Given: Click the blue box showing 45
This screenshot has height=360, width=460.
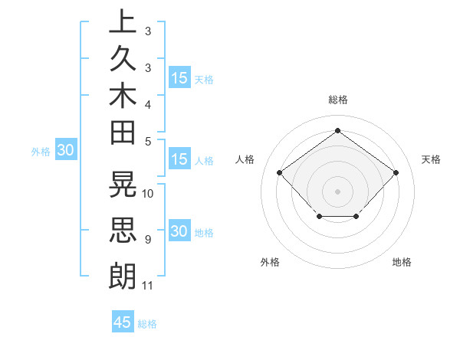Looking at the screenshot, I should [x=123, y=322].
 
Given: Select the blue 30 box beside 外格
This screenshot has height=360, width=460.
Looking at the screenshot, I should [x=66, y=151].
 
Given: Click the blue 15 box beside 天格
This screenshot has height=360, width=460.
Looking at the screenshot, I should [x=179, y=78].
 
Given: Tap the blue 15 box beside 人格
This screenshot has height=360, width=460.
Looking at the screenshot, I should [x=179, y=160].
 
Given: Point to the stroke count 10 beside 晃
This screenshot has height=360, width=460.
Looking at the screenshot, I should [x=149, y=193].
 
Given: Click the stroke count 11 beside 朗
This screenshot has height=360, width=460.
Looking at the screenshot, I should [x=148, y=286].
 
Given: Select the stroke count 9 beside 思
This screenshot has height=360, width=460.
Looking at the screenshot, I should [x=148, y=240].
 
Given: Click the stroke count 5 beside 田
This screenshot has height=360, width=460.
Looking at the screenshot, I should [x=148, y=141].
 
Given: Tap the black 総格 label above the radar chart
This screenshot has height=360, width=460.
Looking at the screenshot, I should [x=337, y=100].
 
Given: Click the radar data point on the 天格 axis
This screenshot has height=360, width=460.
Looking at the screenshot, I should [x=396, y=172].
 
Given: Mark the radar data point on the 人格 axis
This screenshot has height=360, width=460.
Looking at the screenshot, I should [x=279, y=172].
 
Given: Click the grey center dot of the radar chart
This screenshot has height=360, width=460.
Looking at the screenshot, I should [x=337, y=191].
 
